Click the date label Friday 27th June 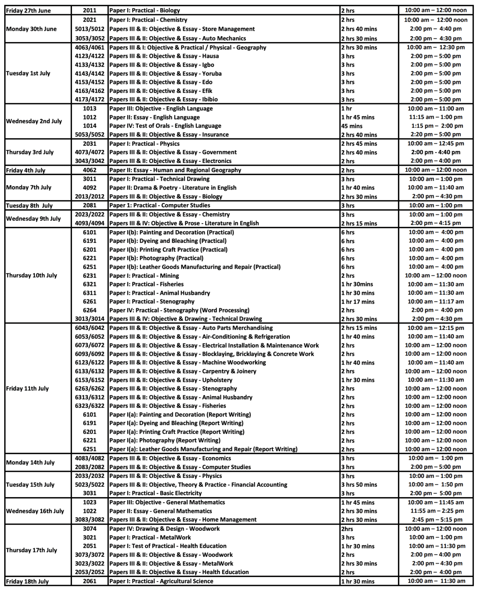(28, 10)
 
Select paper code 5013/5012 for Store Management (89, 29)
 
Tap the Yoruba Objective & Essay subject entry (165, 74)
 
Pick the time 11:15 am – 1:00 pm (435, 117)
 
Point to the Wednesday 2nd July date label (34, 121)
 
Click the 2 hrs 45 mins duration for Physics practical (359, 144)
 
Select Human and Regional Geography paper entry (175, 170)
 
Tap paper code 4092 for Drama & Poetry (89, 188)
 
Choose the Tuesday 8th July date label (29, 205)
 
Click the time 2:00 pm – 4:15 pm (435, 223)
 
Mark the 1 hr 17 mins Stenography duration (358, 302)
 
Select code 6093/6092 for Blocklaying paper (89, 354)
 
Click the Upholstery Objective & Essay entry (171, 380)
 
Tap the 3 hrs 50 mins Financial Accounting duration (359, 485)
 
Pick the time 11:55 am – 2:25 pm (435, 511)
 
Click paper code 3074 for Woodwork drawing (89, 529)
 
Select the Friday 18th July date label (27, 582)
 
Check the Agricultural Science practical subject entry (161, 581)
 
